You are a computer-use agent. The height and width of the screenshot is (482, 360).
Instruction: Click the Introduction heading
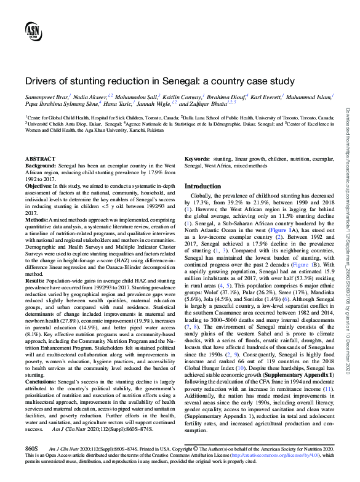203,186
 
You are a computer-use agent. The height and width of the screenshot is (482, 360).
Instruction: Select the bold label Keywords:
198,158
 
